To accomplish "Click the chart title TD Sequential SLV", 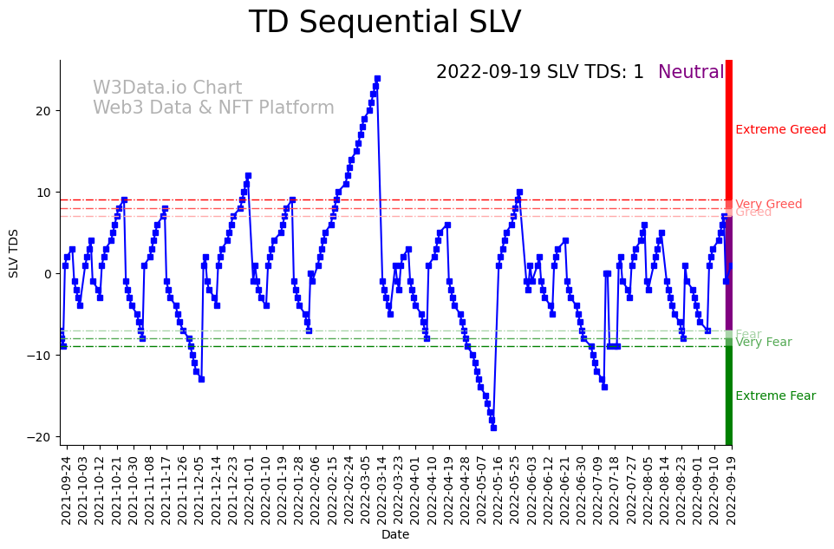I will coord(385,23).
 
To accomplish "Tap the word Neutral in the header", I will coord(690,72).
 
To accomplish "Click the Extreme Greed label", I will coord(780,130).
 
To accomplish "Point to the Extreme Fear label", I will coord(775,396).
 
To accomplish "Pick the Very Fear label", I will coord(763,343).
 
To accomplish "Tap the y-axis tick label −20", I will coord(40,437).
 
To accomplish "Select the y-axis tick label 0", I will coord(48,274).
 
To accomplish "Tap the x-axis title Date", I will coord(395,535).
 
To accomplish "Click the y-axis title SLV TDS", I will coord(14,253).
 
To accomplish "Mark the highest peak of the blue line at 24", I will coord(377,79).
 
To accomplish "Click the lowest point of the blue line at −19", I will coord(493,428).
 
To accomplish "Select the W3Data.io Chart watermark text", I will coord(167,88).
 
